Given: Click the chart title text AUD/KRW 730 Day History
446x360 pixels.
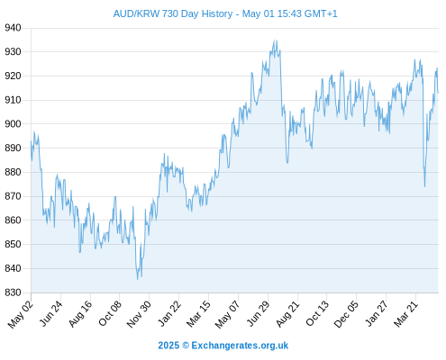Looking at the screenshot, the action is [x=173, y=13].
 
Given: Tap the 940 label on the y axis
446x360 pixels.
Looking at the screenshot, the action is [x=13, y=28].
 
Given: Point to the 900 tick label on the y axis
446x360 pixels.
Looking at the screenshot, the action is [x=13, y=124].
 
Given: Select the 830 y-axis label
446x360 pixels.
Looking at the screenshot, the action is [x=13, y=292].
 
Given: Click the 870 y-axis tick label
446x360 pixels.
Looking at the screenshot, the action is [x=13, y=196].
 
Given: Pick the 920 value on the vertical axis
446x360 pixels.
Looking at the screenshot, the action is [x=13, y=76].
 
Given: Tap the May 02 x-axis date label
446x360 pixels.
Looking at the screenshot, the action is [x=21, y=314].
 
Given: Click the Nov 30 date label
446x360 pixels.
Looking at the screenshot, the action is [x=139, y=314].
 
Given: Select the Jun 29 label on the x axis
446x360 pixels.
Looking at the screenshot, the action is [x=258, y=314].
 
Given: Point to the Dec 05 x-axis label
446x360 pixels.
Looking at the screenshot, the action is [x=346, y=314].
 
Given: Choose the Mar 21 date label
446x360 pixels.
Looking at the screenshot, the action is [x=405, y=314].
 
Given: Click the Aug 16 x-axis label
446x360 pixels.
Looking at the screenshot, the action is [x=80, y=314].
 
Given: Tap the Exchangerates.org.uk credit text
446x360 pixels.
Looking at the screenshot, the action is [x=240, y=346].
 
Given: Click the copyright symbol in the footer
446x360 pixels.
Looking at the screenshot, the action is [x=186, y=346].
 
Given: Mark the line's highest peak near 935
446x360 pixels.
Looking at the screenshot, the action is [x=274, y=40].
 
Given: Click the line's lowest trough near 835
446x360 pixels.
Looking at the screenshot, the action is [x=138, y=279].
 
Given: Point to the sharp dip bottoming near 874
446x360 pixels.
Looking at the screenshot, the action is [x=424, y=186].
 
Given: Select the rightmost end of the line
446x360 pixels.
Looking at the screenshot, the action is [x=438, y=93].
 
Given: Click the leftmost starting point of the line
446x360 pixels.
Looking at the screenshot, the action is [x=31, y=141].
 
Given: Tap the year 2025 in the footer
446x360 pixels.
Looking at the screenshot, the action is [x=168, y=346].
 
